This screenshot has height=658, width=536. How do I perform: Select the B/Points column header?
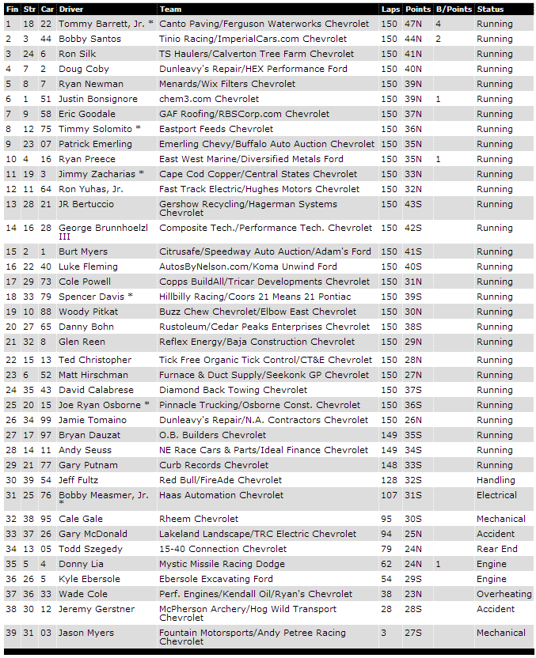tap(454, 9)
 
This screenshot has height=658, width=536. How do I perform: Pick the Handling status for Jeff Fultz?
tap(496, 480)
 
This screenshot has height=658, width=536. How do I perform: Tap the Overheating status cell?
tap(504, 594)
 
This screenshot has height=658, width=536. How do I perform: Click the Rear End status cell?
tap(496, 549)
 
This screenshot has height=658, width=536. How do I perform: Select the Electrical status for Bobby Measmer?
tap(496, 495)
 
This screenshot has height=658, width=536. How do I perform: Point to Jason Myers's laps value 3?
tap(383, 633)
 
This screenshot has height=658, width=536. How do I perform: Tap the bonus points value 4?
tap(438, 24)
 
